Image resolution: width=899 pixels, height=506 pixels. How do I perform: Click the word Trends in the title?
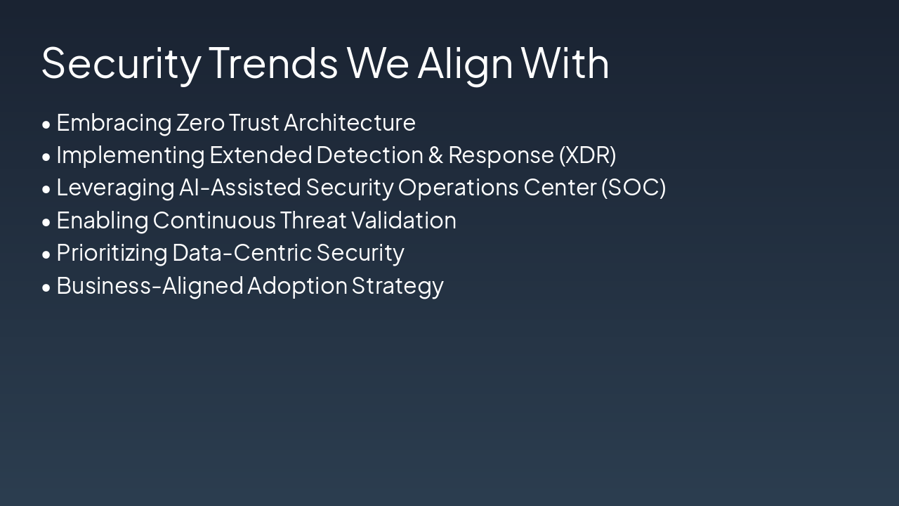(x=273, y=63)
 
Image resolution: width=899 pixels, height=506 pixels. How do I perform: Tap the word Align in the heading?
(x=465, y=65)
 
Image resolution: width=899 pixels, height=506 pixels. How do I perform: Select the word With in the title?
(x=565, y=63)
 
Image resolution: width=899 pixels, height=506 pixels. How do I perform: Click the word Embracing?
(x=114, y=123)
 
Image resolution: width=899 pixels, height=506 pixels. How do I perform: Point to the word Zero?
(x=200, y=122)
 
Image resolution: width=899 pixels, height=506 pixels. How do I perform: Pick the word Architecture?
(x=350, y=122)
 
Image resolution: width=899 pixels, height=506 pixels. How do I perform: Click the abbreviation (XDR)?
(x=588, y=155)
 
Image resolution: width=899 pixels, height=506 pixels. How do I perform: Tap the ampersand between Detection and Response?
(x=436, y=155)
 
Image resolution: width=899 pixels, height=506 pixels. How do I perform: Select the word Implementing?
(x=131, y=156)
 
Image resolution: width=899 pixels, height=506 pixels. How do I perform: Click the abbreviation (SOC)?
(x=634, y=188)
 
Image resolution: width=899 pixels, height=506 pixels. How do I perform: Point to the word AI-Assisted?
(x=240, y=188)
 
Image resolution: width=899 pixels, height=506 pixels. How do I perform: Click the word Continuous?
(x=214, y=221)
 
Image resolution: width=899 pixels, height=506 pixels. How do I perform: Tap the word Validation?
(x=404, y=220)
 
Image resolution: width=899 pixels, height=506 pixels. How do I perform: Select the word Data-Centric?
(x=242, y=253)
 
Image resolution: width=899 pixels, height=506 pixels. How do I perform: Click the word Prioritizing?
(x=112, y=254)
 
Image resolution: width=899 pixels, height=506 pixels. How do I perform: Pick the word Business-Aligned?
(x=150, y=287)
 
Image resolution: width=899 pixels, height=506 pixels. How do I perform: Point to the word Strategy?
(x=398, y=287)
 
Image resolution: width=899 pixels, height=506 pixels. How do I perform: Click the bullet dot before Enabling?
(x=46, y=222)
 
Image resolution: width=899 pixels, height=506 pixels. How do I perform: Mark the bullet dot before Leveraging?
(x=46, y=189)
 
